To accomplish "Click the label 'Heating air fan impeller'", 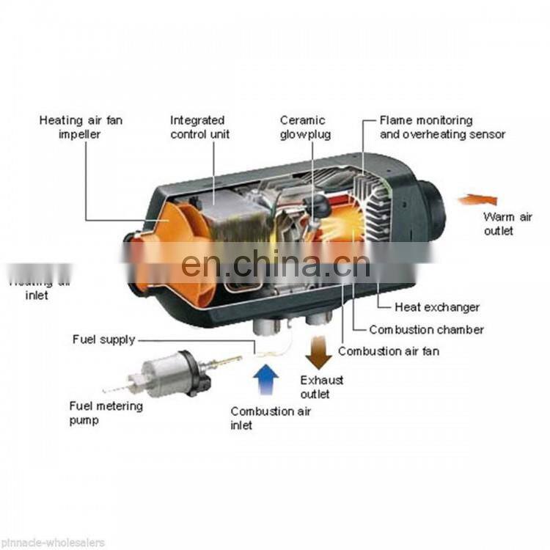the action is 81,126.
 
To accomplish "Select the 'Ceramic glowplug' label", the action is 305,126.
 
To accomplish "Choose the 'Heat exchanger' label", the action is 436,307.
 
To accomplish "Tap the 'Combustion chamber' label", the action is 425,329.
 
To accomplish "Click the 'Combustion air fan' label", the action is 389,351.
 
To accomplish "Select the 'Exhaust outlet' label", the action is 321,386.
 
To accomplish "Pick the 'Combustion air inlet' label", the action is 270,418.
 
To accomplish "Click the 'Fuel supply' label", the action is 103,340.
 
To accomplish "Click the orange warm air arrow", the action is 477,199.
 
